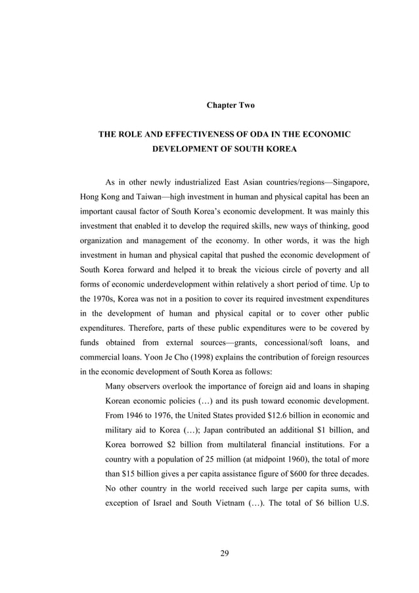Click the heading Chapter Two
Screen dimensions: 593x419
[230, 105]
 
